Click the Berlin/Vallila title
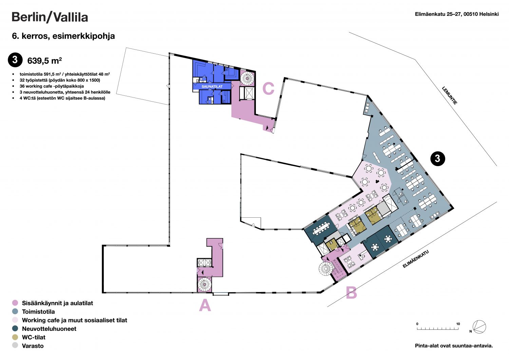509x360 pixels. click(50, 17)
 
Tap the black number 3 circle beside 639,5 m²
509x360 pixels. click(15, 60)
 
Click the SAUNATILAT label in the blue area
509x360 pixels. click(212, 86)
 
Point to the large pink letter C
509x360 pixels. click(268, 88)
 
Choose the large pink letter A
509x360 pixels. click(205, 305)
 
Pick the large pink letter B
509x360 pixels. click(351, 292)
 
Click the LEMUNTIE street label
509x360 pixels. click(449, 95)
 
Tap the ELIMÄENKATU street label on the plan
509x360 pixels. click(416, 259)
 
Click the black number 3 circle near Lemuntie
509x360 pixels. click(437, 159)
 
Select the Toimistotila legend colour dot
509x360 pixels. click(15, 311)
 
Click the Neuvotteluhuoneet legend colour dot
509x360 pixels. click(15, 328)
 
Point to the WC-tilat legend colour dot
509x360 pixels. click(15, 337)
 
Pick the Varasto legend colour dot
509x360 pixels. click(15, 345)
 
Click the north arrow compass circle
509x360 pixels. click(479, 327)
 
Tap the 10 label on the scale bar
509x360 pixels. click(458, 324)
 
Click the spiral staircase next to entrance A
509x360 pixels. click(205, 284)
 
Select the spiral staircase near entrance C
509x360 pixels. click(247, 78)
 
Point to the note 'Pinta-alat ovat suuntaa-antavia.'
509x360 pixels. click(454, 346)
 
